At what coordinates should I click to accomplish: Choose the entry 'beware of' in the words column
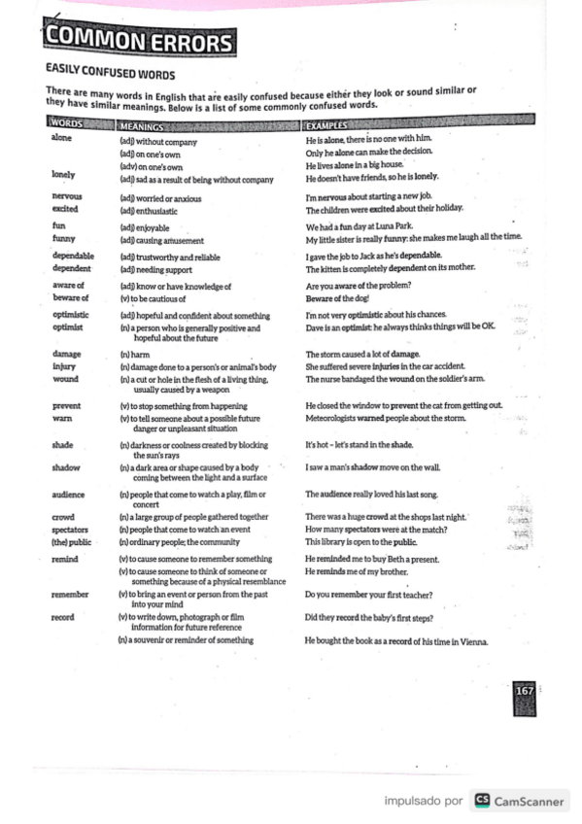70,297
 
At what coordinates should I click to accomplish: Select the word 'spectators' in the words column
72,529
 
